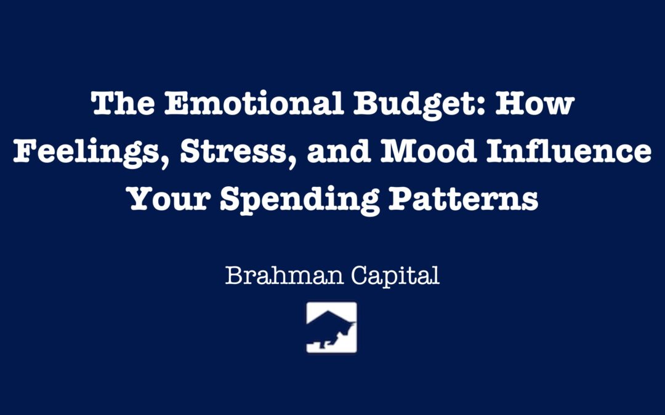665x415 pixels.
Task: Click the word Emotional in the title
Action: (254, 103)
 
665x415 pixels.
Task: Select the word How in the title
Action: (535, 103)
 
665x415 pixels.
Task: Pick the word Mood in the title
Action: (429, 151)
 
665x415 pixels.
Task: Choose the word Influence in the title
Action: (569, 151)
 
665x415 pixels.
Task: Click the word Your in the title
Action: (169, 199)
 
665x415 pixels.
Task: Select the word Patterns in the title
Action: (464, 199)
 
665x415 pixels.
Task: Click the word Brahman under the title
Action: (284, 275)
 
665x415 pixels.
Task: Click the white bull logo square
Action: (332, 327)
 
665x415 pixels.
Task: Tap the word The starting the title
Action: (123, 103)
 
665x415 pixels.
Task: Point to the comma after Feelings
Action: (166, 162)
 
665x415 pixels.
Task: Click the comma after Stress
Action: (291, 162)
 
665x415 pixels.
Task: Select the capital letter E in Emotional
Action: (177, 103)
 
